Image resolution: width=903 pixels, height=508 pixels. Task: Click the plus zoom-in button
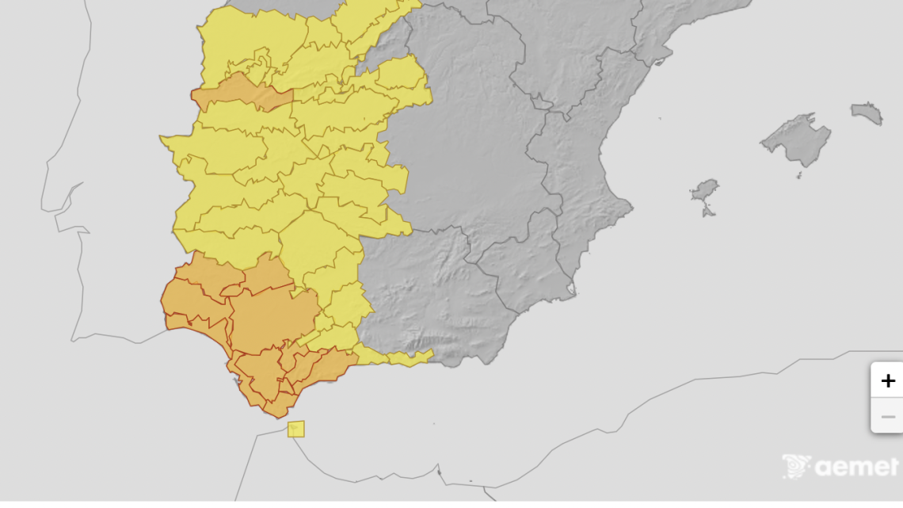tap(887, 380)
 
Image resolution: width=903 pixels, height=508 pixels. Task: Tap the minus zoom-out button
tap(887, 416)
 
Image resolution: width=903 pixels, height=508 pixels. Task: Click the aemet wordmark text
tap(855, 468)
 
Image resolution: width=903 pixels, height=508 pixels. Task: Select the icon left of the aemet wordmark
tap(795, 466)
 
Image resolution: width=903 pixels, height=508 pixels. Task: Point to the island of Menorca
tap(867, 113)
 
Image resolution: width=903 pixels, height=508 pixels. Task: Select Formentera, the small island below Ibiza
tap(708, 212)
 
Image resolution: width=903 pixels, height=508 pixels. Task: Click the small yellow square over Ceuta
tap(295, 429)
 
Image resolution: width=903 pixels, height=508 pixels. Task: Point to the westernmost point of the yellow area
tap(161, 139)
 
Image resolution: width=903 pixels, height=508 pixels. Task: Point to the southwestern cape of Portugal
tap(74, 340)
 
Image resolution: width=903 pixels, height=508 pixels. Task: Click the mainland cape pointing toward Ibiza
tap(631, 209)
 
